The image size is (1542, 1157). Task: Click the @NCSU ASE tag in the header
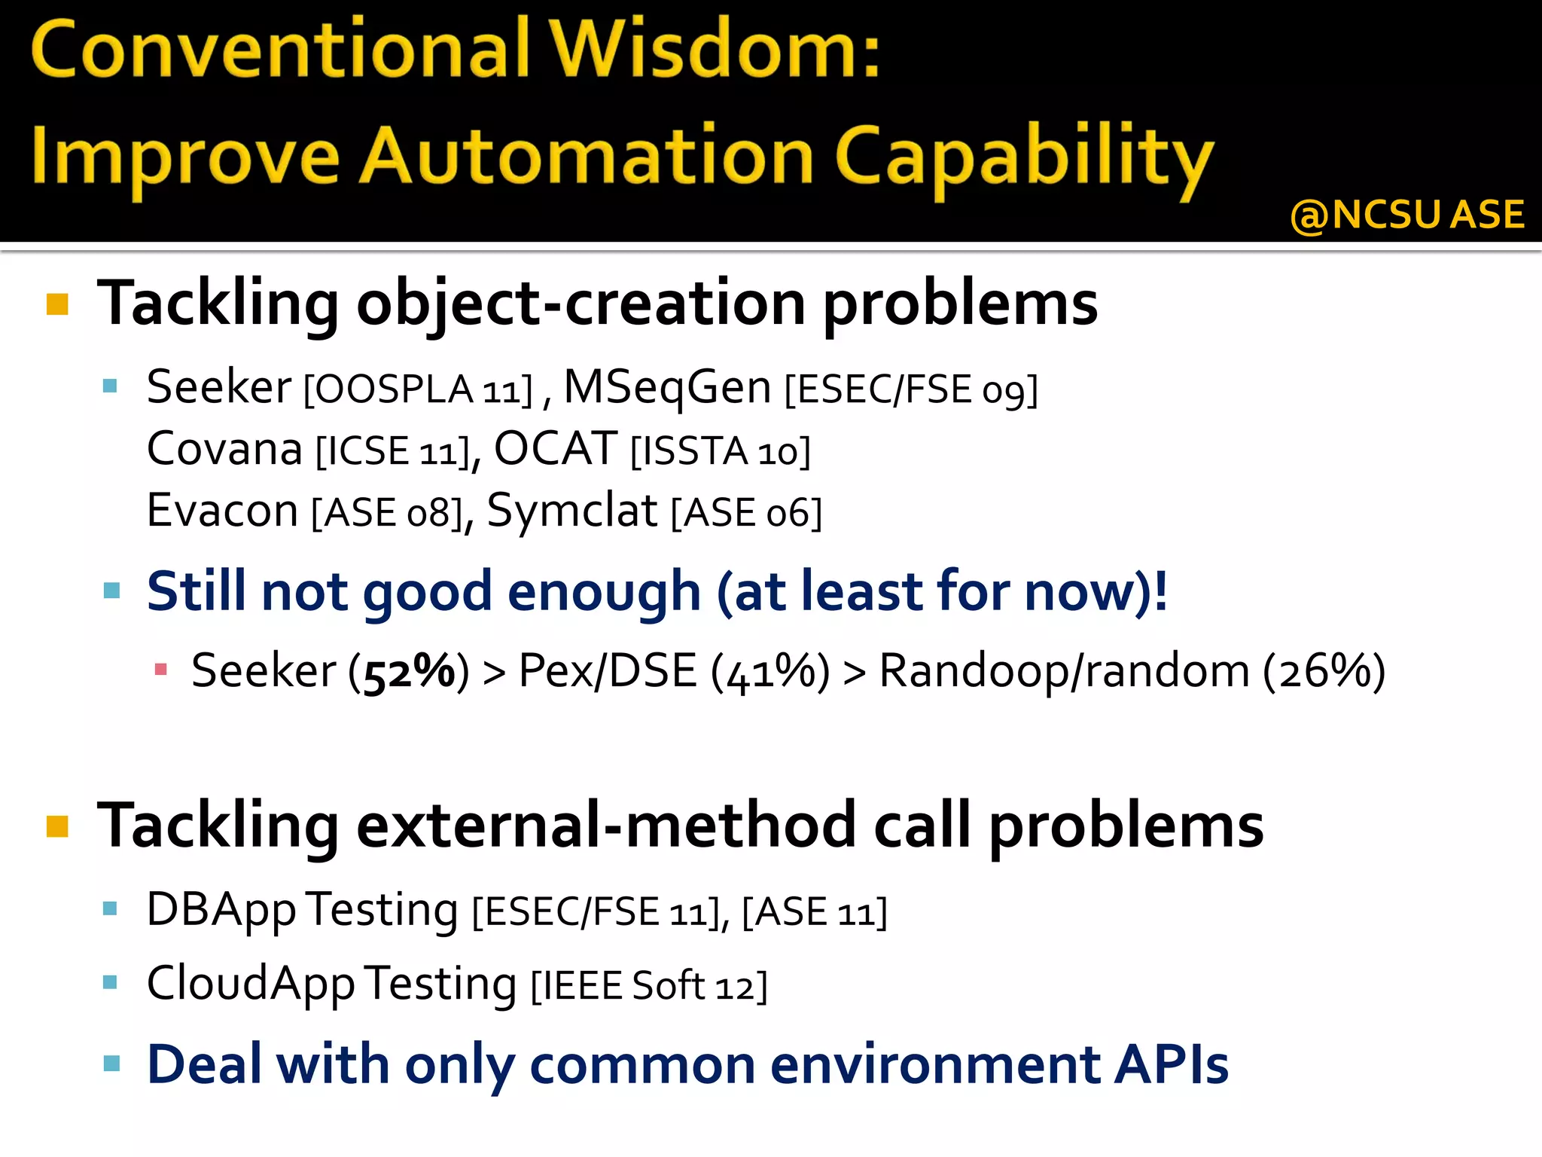(1406, 215)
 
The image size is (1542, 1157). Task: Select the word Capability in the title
(1024, 158)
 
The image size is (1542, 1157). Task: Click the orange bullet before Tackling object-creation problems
(58, 304)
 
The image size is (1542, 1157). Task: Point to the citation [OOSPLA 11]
(418, 390)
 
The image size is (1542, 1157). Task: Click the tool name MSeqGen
(667, 387)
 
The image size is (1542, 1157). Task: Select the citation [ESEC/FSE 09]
(911, 390)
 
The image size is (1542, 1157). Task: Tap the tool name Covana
(224, 450)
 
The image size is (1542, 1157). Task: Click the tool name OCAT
(556, 450)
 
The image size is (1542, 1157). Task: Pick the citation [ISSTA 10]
(721, 452)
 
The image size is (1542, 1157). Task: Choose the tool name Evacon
(223, 511)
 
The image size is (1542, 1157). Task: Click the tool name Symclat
(572, 511)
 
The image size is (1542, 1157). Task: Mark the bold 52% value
(410, 671)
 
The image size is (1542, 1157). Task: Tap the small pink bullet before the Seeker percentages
(160, 669)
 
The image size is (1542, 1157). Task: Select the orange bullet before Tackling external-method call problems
(58, 826)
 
